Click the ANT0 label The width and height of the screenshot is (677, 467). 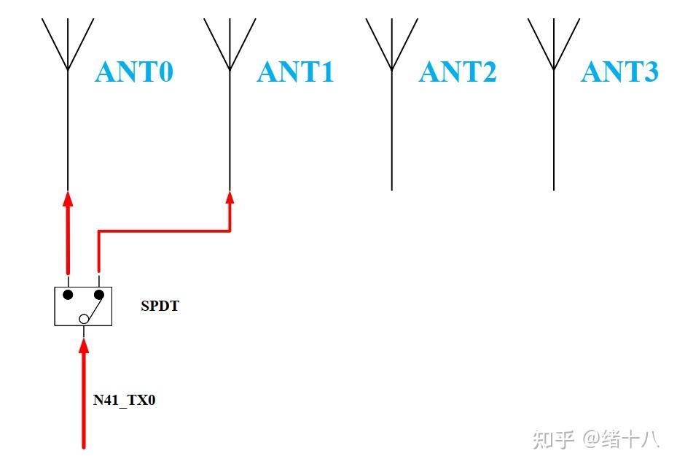click(x=134, y=72)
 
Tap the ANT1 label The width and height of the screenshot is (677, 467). click(x=296, y=72)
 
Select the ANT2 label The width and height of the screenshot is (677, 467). click(x=458, y=72)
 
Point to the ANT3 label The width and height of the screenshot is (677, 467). click(x=619, y=72)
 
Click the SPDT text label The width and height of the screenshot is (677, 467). click(x=160, y=306)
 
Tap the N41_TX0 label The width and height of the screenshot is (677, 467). click(x=124, y=400)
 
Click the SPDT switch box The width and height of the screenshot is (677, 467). click(x=83, y=306)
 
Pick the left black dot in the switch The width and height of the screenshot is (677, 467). click(x=68, y=295)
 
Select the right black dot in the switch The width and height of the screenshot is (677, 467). click(x=99, y=295)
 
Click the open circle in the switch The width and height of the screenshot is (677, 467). click(x=84, y=318)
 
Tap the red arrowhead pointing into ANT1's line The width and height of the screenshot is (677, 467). click(x=230, y=198)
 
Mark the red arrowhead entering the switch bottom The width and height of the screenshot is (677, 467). click(x=84, y=347)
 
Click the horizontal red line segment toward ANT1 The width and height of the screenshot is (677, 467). click(x=164, y=231)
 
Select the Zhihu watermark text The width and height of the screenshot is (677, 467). click(x=595, y=439)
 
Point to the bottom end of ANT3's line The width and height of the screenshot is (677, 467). click(x=554, y=188)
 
